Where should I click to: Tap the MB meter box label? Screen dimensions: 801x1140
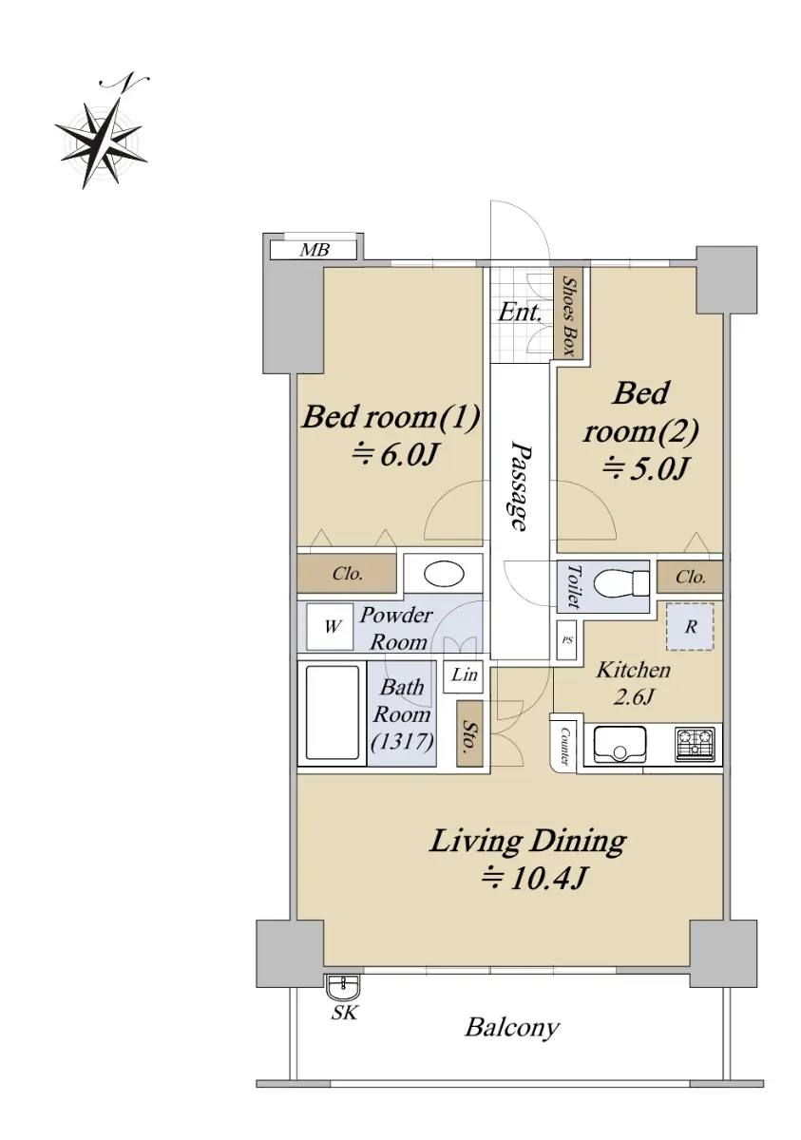[x=315, y=249]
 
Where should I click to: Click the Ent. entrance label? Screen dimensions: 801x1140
[x=519, y=312]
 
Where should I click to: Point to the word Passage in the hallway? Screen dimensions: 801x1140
[x=519, y=486]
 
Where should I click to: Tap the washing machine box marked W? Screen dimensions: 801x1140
[x=331, y=626]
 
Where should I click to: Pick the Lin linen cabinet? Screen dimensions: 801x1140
[x=463, y=675]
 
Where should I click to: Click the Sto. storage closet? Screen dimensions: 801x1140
[x=468, y=733]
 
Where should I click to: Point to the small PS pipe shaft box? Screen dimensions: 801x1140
[x=566, y=639]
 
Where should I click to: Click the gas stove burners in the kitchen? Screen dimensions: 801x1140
[x=695, y=745]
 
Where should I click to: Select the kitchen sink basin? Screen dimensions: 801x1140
[x=619, y=745]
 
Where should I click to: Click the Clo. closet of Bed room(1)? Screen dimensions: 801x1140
[x=347, y=574]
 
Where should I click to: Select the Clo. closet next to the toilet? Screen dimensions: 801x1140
[x=690, y=577]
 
